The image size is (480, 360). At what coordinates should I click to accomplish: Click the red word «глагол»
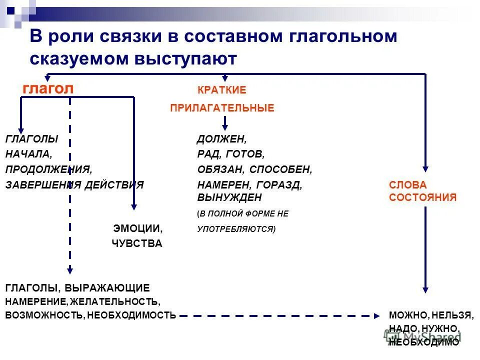48,89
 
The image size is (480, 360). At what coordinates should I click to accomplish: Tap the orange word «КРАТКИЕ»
222,90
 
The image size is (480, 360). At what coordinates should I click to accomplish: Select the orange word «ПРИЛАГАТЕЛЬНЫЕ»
222,108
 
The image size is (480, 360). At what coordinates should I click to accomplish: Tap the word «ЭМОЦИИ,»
137,229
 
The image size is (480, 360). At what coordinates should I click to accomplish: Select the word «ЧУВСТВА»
136,244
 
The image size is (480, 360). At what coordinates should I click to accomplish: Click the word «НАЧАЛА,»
28,154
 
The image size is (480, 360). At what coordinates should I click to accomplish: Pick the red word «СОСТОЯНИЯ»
422,197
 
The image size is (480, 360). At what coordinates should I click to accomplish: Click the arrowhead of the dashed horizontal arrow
376,315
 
